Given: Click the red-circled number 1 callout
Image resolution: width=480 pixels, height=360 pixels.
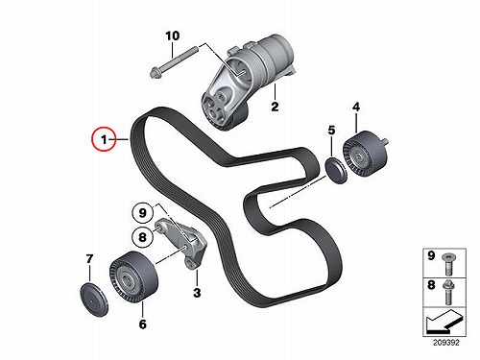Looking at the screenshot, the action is coord(104,139).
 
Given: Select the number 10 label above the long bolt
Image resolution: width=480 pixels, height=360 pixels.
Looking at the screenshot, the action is coord(173,36).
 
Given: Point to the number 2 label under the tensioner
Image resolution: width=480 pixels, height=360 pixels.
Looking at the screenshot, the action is coord(275,106).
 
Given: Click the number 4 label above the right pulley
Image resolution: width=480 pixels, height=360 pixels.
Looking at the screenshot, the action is coord(356,107).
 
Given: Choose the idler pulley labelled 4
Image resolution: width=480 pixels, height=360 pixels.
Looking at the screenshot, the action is coord(365,154).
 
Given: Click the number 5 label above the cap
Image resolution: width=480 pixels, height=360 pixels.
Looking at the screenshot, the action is coord(331,131).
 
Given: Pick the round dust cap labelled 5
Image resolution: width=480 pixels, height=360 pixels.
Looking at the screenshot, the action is coord(336,170).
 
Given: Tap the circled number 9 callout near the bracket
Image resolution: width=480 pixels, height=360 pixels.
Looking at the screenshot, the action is coord(142,213).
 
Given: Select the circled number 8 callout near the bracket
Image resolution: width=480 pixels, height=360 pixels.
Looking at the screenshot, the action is coord(142,237).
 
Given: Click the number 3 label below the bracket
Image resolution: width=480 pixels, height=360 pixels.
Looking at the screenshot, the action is coord(197,293).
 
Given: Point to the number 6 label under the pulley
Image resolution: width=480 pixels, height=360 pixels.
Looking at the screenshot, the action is coord(143,324).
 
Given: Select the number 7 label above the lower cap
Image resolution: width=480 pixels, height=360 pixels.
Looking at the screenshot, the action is coord(89,259).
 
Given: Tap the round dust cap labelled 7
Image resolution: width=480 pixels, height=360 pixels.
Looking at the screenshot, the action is coord(94,300).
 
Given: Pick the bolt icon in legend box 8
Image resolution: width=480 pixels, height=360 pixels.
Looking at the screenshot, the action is coord(448,293).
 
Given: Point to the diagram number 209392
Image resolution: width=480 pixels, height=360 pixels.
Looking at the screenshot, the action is coord(446,343).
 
